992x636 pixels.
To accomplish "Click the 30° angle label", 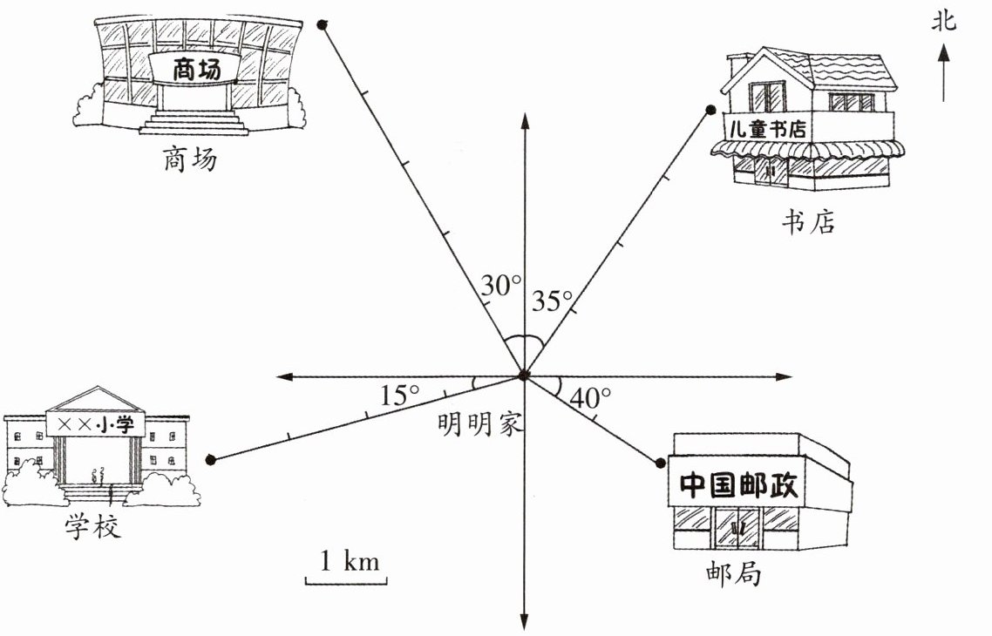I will [501, 285].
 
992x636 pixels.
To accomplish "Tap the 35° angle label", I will [551, 300].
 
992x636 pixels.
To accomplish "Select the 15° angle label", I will [400, 395].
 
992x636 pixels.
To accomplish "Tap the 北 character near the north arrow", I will [943, 19].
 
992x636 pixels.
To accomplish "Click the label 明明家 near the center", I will [479, 424].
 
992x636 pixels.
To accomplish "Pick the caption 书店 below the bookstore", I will [807, 221].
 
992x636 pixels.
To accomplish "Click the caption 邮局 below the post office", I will [733, 574].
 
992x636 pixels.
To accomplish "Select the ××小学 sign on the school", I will [96, 424].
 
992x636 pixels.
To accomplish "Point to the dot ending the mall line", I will [322, 25].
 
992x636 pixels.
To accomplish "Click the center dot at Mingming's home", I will [523, 376].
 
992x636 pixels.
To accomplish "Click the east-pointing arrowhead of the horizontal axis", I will [785, 377].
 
